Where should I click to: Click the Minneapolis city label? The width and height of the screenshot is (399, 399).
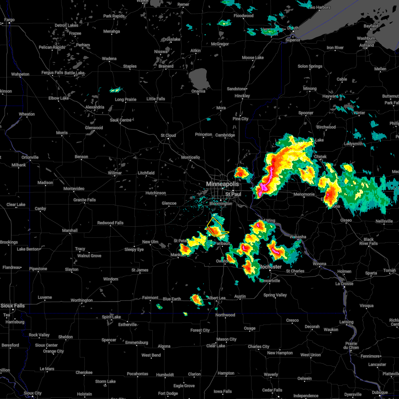[x=222, y=184]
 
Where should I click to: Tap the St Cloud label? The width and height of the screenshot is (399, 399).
[x=168, y=135]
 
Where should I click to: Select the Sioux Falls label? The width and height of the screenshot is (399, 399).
[x=12, y=306]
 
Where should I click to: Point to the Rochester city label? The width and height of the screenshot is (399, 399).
[x=270, y=267]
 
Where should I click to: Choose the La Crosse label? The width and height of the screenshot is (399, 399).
[x=344, y=284]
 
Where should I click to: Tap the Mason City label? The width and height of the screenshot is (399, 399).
[x=226, y=339]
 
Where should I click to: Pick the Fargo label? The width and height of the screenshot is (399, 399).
[x=9, y=20]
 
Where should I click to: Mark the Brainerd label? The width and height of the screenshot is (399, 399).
[x=166, y=66]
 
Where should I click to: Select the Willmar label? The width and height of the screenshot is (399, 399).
[x=115, y=173]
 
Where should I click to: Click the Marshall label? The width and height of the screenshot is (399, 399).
[x=70, y=230]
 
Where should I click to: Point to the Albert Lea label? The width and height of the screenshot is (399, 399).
[x=216, y=298]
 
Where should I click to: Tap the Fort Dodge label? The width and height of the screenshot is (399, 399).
[x=168, y=393]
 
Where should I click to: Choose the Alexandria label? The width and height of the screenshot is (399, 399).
[x=95, y=107]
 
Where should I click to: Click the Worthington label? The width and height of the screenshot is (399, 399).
[x=81, y=300]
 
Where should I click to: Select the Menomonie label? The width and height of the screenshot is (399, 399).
[x=304, y=194]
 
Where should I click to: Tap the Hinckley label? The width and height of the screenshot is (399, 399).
[x=242, y=96]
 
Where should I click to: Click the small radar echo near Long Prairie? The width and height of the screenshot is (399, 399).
[x=116, y=90]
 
